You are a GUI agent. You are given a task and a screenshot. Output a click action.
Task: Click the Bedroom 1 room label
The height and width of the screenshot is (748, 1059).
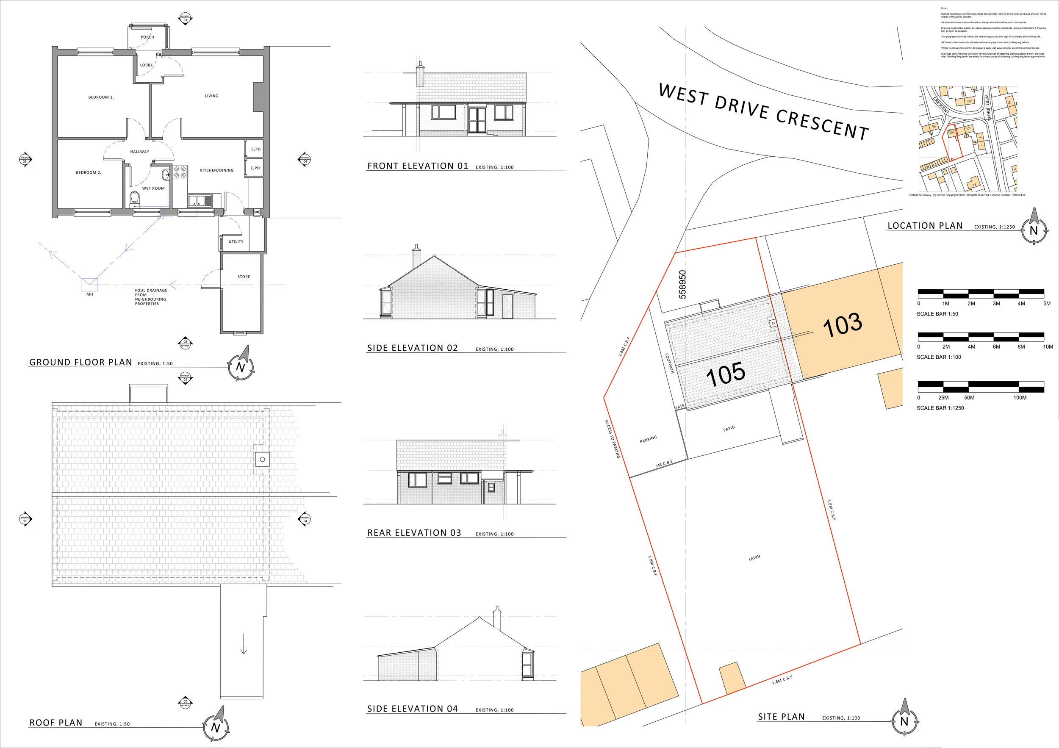pos(100,97)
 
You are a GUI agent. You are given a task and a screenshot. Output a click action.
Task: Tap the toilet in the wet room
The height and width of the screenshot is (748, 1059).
pos(135,198)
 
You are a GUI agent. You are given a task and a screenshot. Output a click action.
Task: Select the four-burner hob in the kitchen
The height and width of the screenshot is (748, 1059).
pos(180,172)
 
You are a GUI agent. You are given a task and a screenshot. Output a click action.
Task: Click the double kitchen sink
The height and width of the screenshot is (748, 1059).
pos(199,201)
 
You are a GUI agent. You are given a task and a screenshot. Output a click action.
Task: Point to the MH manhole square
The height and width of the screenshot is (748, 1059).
pos(89,284)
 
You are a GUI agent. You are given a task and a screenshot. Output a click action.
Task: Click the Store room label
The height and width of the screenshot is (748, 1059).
pos(244,277)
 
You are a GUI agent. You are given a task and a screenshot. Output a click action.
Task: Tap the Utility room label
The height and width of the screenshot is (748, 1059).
pos(236,241)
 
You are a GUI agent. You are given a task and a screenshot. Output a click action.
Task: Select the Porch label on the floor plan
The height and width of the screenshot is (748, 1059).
pos(147,37)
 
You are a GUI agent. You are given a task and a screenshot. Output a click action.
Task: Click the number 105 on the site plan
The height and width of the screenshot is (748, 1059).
pos(725,374)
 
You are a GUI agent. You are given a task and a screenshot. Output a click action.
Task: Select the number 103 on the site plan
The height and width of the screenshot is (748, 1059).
pos(842,325)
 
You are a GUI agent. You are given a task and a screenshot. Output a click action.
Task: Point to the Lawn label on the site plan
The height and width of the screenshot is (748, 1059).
pos(754,558)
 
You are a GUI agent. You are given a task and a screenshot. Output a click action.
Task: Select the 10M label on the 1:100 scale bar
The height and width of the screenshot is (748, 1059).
pos(1048,346)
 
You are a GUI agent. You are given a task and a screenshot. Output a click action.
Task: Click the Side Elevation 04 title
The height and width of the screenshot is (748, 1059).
pos(412,709)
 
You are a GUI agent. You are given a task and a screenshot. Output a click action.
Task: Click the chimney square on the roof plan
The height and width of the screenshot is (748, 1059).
pos(262,459)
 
